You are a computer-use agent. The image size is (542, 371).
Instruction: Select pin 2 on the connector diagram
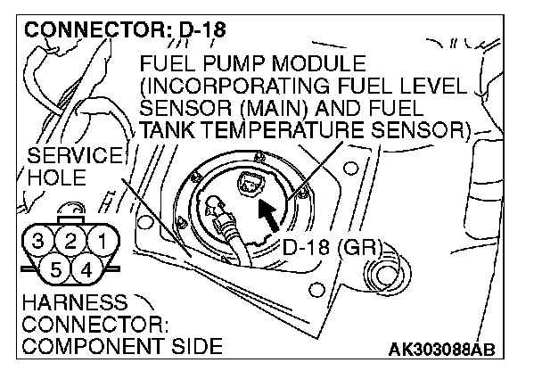[x=70, y=239]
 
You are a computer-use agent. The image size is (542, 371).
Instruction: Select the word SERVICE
[x=66, y=157]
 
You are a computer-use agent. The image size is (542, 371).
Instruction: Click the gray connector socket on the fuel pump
[x=250, y=185]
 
